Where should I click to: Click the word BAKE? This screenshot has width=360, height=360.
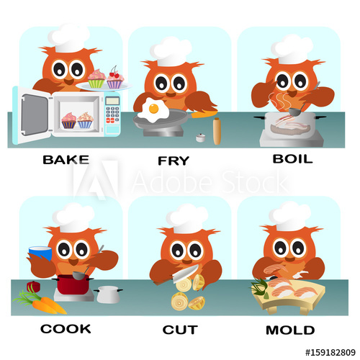point(66,159)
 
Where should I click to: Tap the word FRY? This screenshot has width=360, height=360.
point(174,161)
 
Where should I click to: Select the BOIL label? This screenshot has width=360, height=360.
point(292,158)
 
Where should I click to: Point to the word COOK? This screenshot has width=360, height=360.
point(66,328)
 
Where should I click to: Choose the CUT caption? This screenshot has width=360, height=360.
point(180,329)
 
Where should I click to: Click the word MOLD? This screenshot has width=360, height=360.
point(290,330)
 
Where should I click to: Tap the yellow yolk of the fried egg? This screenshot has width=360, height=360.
point(153,109)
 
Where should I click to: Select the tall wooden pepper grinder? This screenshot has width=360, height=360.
point(217,132)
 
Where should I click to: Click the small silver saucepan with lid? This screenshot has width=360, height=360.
point(108,293)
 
